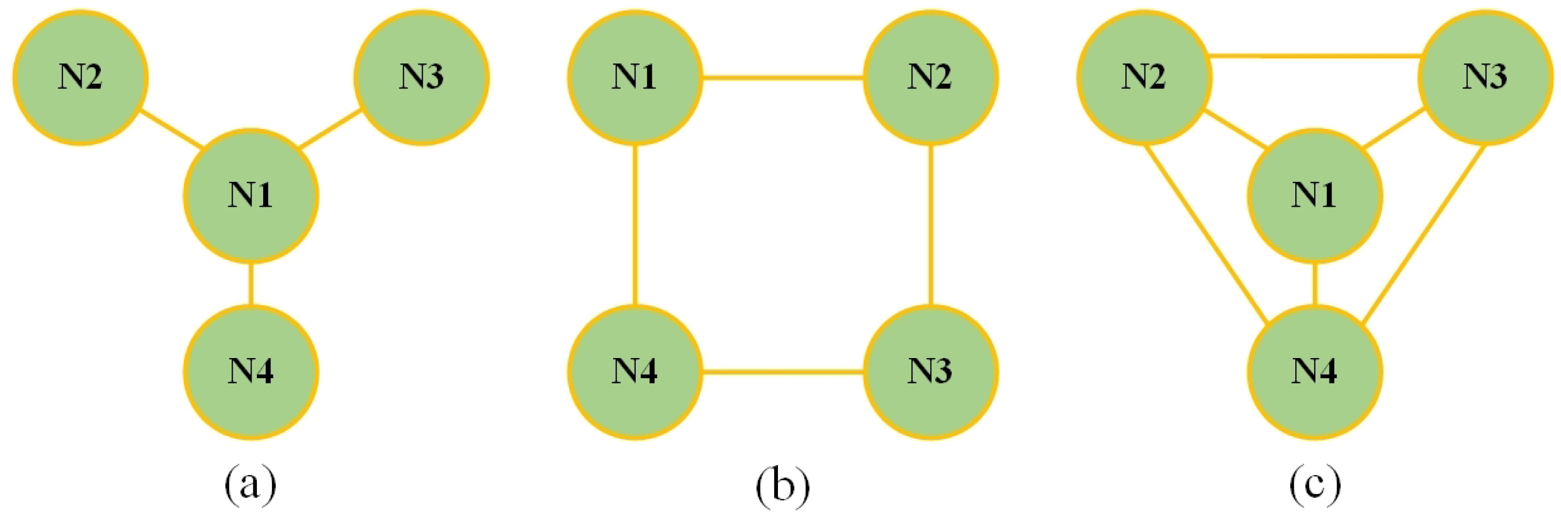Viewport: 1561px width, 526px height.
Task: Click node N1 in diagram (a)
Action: click(251, 196)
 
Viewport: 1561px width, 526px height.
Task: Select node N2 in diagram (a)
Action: click(81, 78)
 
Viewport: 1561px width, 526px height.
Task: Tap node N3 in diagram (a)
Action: click(421, 78)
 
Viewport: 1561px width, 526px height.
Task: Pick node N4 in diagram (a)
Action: click(251, 371)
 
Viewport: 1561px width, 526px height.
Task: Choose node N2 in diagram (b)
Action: click(930, 78)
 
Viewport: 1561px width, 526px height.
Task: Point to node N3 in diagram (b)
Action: click(930, 371)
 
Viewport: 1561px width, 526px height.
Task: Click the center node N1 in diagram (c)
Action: click(1314, 196)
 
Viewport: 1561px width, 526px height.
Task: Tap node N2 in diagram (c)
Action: click(1144, 78)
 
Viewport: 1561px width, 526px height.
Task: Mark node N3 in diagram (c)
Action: click(1485, 78)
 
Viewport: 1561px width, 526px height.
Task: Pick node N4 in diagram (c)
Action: click(1314, 371)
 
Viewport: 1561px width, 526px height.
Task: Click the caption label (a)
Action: click(250, 485)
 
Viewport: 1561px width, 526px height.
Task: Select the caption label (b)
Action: click(783, 485)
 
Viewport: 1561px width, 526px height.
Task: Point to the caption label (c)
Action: click(1314, 485)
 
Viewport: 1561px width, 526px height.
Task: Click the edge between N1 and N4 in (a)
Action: click(251, 284)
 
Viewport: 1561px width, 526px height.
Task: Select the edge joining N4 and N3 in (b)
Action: click(783, 371)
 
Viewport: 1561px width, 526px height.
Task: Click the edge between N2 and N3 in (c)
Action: click(1314, 56)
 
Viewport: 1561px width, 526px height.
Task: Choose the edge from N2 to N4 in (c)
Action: click(1206, 234)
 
